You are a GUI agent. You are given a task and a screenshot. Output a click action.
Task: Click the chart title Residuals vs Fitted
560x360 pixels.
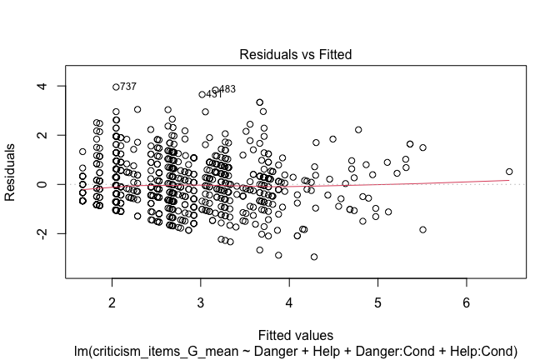[x=296, y=55]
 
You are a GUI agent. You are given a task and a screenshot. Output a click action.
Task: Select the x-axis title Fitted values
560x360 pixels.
[x=296, y=336]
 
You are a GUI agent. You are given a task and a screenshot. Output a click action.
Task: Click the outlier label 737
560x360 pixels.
[x=127, y=87]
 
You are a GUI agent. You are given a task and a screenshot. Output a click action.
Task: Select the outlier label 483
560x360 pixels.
[x=227, y=89]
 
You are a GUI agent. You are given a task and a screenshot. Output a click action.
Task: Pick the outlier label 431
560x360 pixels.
[x=214, y=95]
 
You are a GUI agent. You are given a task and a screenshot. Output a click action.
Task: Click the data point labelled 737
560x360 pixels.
[x=116, y=87]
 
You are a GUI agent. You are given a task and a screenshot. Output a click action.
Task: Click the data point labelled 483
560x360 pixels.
[x=215, y=90]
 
